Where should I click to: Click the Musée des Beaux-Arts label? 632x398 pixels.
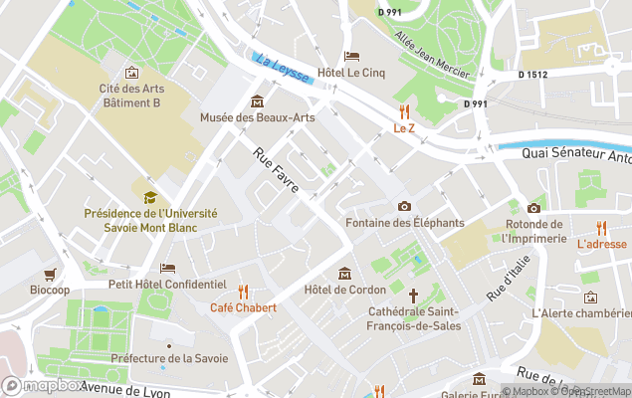click(257, 117)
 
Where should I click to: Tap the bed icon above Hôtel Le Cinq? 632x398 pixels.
click(350, 56)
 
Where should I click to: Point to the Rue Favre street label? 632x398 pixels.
click(276, 170)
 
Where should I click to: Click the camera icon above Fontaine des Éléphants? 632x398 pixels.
click(403, 206)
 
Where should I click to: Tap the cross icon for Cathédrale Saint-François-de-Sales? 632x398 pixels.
click(413, 296)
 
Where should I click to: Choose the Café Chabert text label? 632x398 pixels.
click(243, 307)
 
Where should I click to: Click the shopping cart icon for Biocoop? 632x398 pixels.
click(49, 274)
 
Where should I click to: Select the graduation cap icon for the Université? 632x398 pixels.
click(150, 197)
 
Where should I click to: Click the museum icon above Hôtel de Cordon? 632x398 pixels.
click(344, 274)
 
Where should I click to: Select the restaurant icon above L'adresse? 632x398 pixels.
click(601, 228)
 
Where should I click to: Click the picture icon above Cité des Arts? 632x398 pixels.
click(131, 73)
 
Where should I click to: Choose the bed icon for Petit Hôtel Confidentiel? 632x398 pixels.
click(167, 268)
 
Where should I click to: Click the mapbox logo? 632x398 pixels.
click(43, 385)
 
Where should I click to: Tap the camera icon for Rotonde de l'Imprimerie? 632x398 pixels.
click(533, 208)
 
